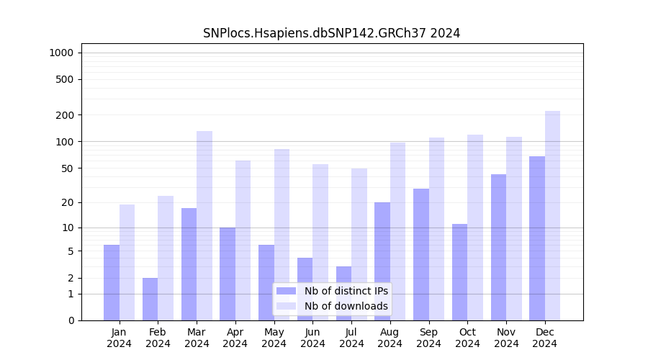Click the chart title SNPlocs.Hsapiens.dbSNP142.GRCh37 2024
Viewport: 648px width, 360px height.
point(331,33)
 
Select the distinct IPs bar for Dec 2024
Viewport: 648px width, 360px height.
point(537,238)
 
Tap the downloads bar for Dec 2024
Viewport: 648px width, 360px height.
point(553,215)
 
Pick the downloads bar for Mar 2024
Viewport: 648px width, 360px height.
point(204,225)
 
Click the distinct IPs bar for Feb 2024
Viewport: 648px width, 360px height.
point(150,299)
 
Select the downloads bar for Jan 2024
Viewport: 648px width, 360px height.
point(127,262)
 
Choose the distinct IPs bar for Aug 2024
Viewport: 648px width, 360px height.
point(382,261)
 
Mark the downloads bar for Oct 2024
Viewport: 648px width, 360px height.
point(475,228)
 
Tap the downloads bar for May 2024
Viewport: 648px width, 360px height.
point(282,235)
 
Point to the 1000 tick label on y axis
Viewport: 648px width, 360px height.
point(61,53)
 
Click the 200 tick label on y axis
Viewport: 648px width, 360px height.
point(64,115)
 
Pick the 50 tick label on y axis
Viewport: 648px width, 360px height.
point(66,168)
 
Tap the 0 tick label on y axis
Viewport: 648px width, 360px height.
point(71,320)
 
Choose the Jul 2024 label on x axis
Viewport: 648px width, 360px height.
point(351,338)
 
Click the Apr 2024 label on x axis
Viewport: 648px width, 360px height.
point(235,338)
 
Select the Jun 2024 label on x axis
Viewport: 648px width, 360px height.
point(312,338)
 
